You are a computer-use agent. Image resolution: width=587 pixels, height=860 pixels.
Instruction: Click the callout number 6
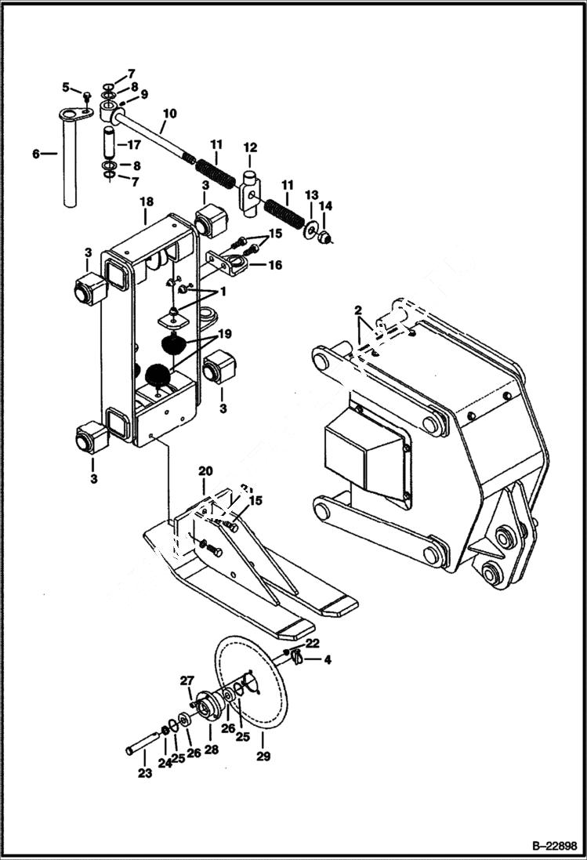36,154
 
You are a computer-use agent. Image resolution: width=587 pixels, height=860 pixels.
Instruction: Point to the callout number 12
250,147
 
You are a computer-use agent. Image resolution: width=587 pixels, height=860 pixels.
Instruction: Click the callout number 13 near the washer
311,194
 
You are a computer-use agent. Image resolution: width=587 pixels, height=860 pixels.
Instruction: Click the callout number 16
274,266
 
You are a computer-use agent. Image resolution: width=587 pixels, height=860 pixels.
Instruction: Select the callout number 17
134,144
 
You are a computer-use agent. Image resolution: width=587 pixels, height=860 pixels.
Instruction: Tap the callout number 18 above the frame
146,201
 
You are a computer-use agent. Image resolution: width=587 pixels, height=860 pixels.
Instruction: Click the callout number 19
225,333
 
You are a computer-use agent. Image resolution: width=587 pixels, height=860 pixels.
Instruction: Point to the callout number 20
205,471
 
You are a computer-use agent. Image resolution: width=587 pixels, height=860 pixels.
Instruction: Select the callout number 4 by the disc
327,660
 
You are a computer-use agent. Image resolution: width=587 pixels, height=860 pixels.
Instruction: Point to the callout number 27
187,680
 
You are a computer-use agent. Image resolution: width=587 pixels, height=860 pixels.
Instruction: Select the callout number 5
67,86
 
